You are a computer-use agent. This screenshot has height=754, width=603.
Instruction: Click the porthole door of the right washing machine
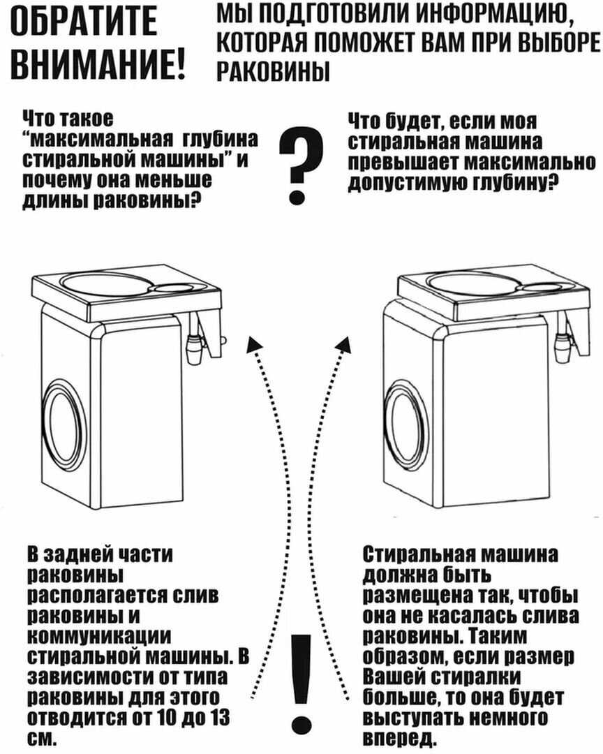(x=410, y=424)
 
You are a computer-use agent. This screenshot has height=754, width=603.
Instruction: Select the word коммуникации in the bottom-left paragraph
(x=100, y=636)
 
